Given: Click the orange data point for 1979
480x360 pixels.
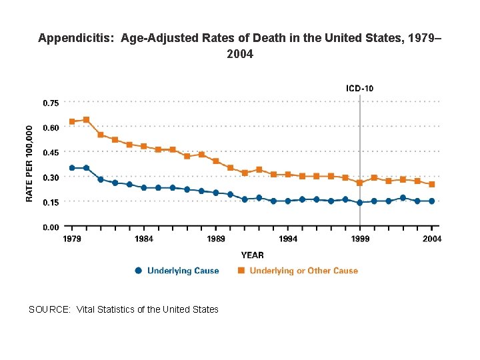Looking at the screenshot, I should (x=72, y=122).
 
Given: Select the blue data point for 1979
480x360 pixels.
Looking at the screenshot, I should (x=72, y=168).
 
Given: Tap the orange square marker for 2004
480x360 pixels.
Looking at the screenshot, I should (x=432, y=184).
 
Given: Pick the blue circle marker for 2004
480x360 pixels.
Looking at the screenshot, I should (x=432, y=201).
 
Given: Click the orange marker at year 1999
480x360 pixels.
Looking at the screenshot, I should (x=360, y=183).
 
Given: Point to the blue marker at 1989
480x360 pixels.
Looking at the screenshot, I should (x=216, y=193).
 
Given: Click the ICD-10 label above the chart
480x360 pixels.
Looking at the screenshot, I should (x=360, y=88).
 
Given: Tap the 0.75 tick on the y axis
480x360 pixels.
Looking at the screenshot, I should (x=51, y=103).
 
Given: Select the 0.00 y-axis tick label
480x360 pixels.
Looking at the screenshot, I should (x=51, y=227).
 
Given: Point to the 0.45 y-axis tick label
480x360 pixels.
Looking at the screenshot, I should (x=51, y=153).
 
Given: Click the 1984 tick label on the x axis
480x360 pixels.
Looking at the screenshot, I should (x=144, y=239).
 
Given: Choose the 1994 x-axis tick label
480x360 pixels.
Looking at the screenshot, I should (x=288, y=239).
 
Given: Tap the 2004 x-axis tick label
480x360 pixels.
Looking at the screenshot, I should (x=431, y=239).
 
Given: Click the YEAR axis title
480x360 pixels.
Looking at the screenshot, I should (x=252, y=255).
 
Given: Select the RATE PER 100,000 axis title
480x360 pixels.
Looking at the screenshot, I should (x=29, y=165).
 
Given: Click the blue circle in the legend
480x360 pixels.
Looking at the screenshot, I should (x=138, y=271).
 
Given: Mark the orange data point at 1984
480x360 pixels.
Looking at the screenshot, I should (x=144, y=146).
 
